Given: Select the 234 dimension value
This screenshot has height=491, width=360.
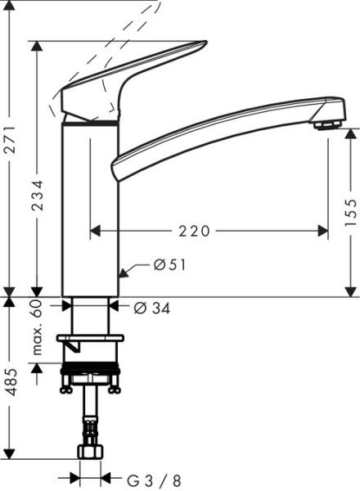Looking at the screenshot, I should click(x=38, y=196).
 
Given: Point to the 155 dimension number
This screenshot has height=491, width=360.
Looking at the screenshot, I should click(x=351, y=212).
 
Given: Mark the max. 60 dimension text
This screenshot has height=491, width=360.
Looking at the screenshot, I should click(x=38, y=327).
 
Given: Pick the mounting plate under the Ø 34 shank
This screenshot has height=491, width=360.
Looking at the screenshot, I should click(x=90, y=337).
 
